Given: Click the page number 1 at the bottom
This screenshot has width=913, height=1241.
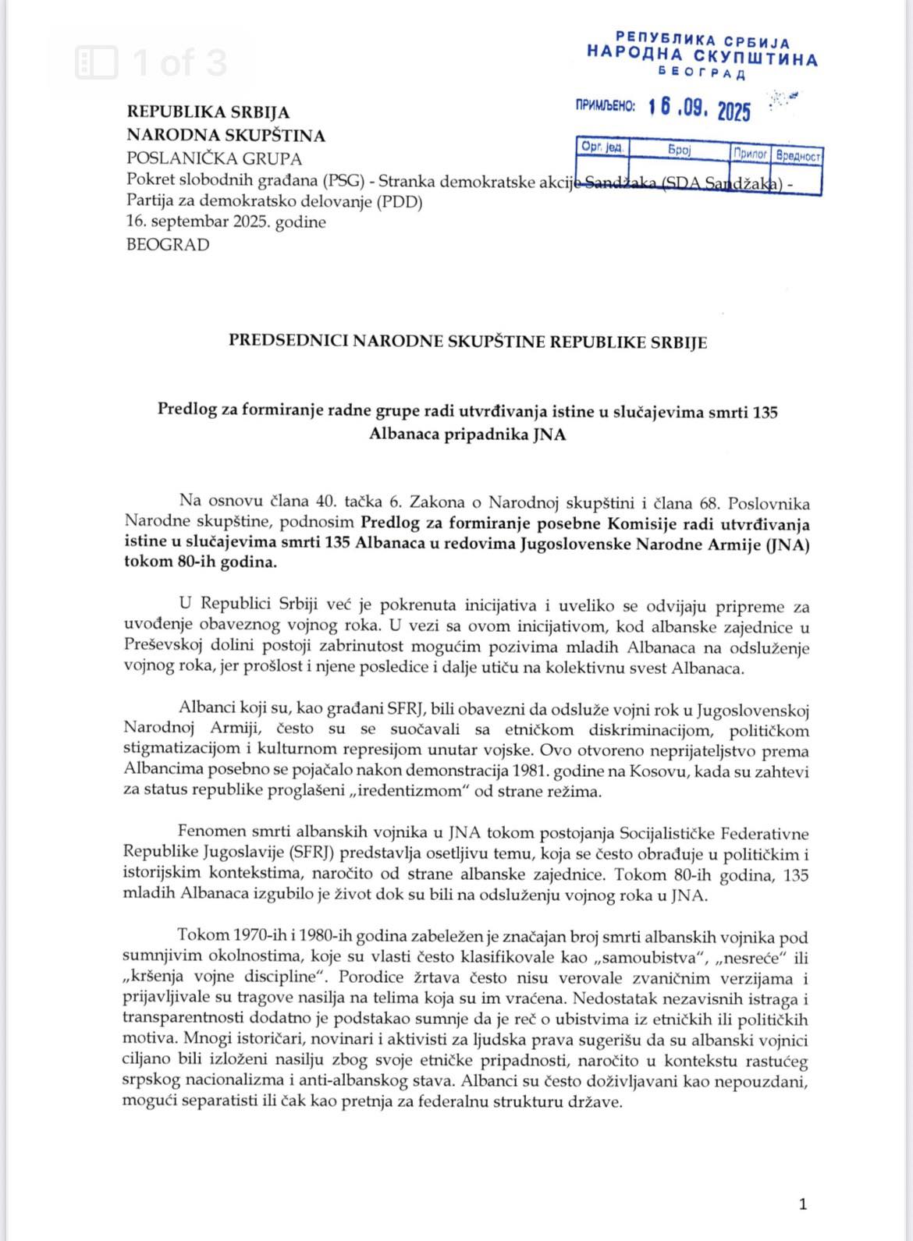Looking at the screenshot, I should [x=803, y=1204].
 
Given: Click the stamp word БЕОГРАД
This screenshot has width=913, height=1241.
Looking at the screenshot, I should [x=702, y=74].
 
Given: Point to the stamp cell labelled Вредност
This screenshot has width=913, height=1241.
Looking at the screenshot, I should [x=798, y=156].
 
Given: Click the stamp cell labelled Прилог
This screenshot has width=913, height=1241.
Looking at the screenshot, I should [x=750, y=154].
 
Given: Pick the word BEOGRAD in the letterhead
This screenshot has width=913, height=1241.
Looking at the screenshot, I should [x=168, y=244].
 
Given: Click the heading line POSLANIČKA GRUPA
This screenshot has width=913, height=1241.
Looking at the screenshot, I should [x=214, y=158].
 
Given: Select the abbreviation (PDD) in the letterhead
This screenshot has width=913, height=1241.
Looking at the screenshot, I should [x=399, y=202].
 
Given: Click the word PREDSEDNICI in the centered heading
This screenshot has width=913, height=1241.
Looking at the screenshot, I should [x=289, y=341].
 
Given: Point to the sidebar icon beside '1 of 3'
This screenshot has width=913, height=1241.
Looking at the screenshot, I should [x=97, y=62].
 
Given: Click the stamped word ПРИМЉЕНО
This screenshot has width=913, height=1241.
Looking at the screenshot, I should [x=606, y=106].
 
